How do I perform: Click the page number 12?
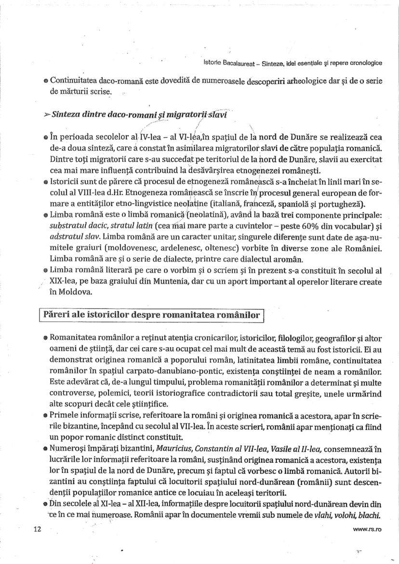[38, 529]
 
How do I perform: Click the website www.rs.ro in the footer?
[368, 529]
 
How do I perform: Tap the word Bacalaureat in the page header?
[234, 63]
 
